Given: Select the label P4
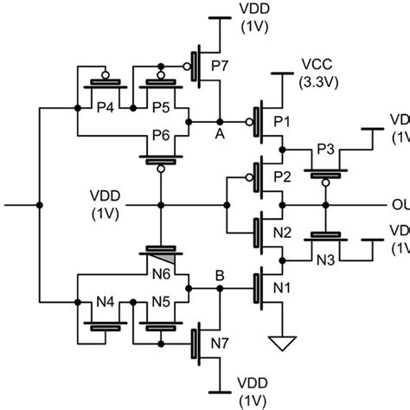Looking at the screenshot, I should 104,107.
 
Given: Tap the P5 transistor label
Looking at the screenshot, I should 160,107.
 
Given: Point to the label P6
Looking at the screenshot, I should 160,136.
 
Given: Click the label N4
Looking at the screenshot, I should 104,302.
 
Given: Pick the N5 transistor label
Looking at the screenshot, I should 160,302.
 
